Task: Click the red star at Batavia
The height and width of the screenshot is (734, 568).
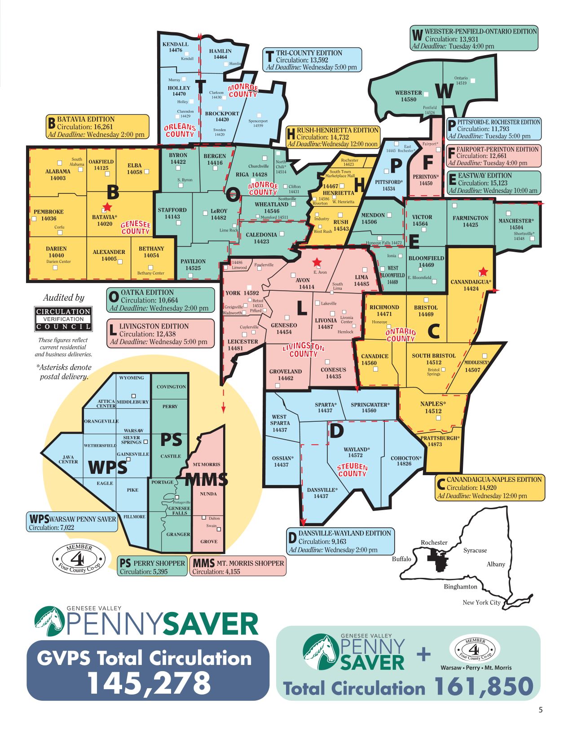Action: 107,207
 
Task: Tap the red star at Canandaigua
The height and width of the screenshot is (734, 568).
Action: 483,271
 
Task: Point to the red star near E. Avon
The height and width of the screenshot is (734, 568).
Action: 317,262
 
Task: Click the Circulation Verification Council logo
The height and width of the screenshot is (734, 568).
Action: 63,319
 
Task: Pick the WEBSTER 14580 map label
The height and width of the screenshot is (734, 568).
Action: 409,96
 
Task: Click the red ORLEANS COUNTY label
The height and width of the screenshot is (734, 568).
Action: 180,131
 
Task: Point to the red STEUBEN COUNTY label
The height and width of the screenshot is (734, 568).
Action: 352,470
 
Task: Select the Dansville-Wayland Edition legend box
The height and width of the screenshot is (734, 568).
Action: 340,541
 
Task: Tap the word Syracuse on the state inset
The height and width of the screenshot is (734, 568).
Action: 475,550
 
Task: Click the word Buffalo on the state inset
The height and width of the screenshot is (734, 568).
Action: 401,559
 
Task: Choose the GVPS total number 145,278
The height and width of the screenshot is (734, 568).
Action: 148,682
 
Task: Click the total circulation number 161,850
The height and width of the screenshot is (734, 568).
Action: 484,687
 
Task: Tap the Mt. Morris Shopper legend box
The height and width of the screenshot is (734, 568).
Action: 238,567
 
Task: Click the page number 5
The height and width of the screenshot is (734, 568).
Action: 541,710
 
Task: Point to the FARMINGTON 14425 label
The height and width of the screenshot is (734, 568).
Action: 470,221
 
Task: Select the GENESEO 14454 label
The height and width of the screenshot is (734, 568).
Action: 284,328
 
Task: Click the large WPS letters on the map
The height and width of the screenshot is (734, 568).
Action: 108,467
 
